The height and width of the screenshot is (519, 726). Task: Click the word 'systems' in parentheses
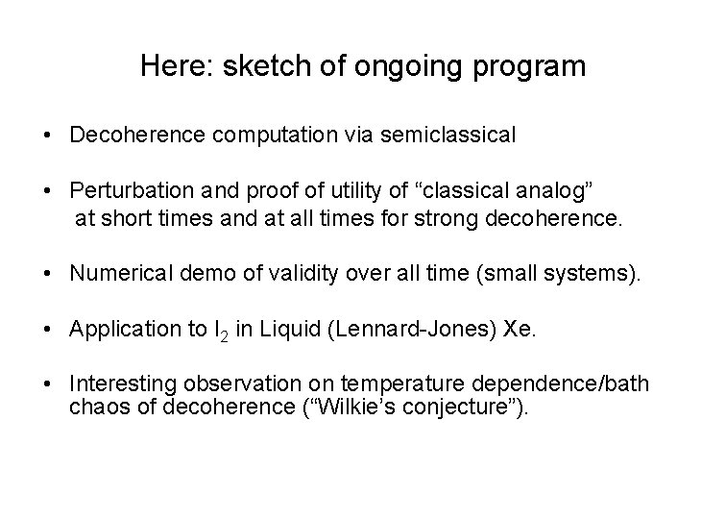(595, 274)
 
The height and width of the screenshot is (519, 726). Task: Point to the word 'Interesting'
(118, 384)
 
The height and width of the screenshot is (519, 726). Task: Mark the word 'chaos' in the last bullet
(95, 408)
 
